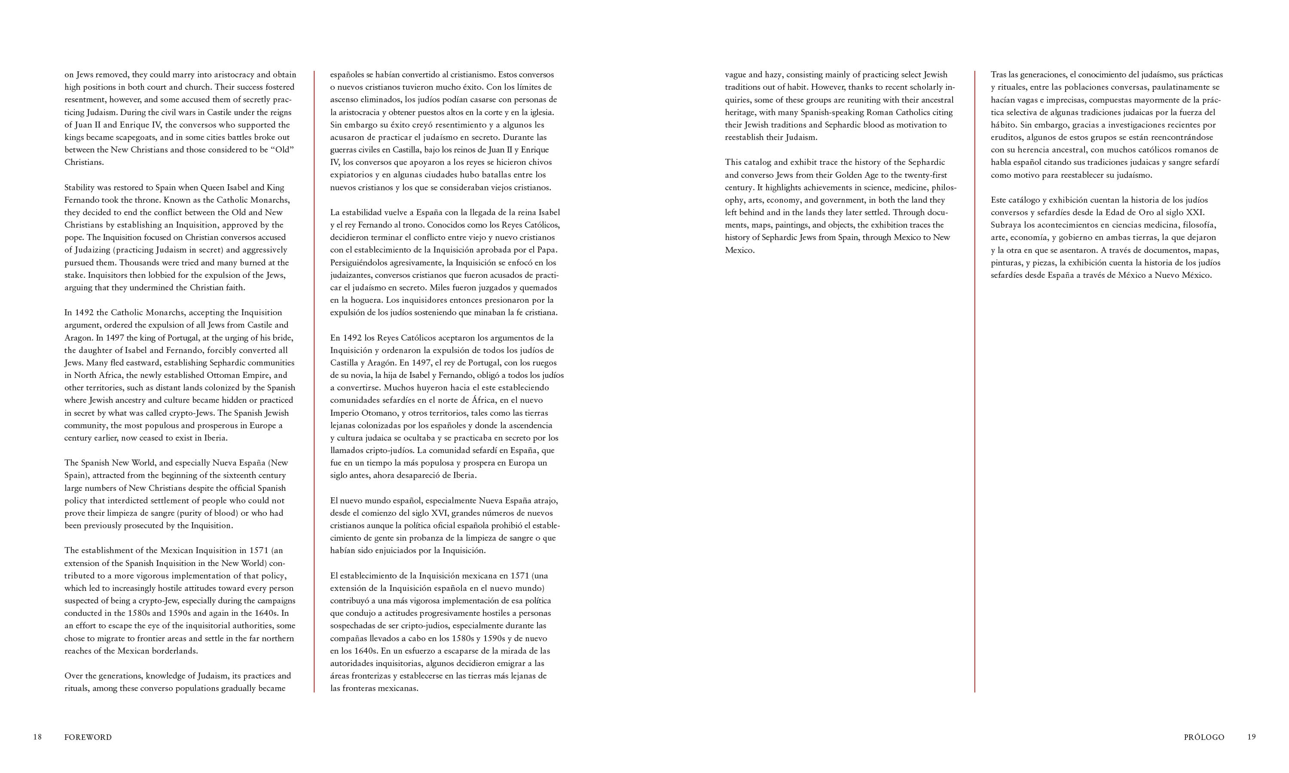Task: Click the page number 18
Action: point(37,737)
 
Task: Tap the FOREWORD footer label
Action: point(88,737)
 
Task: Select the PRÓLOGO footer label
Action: point(1203,737)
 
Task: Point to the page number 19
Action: point(1252,737)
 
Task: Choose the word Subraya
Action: point(1006,225)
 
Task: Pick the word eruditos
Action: point(1007,137)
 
